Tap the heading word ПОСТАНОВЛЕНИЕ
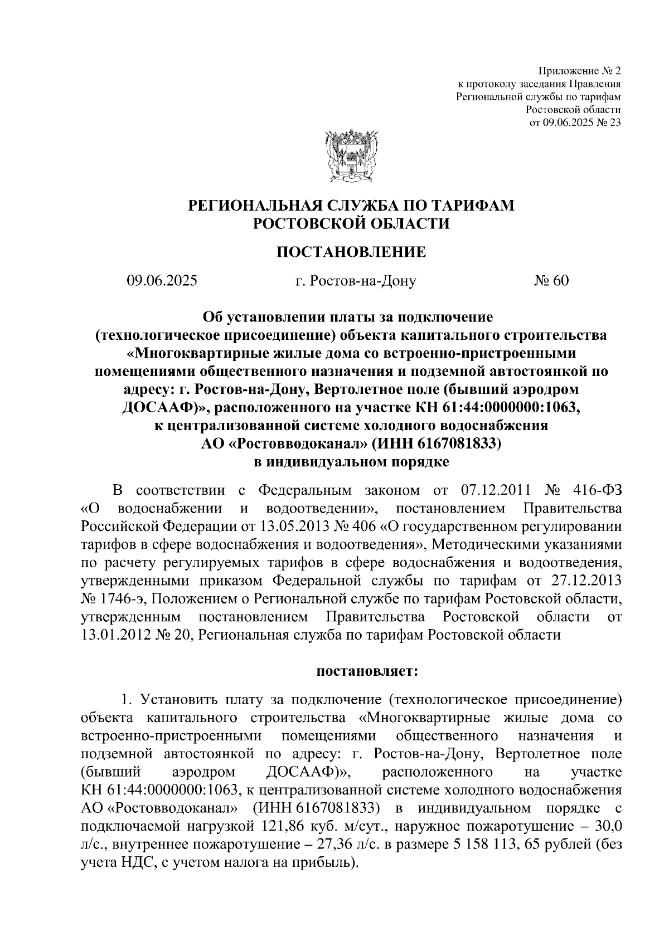click(351, 252)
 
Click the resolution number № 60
click(551, 281)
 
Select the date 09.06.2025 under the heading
click(162, 281)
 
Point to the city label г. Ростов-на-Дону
click(356, 281)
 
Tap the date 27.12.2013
click(586, 581)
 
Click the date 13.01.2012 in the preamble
click(116, 635)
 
